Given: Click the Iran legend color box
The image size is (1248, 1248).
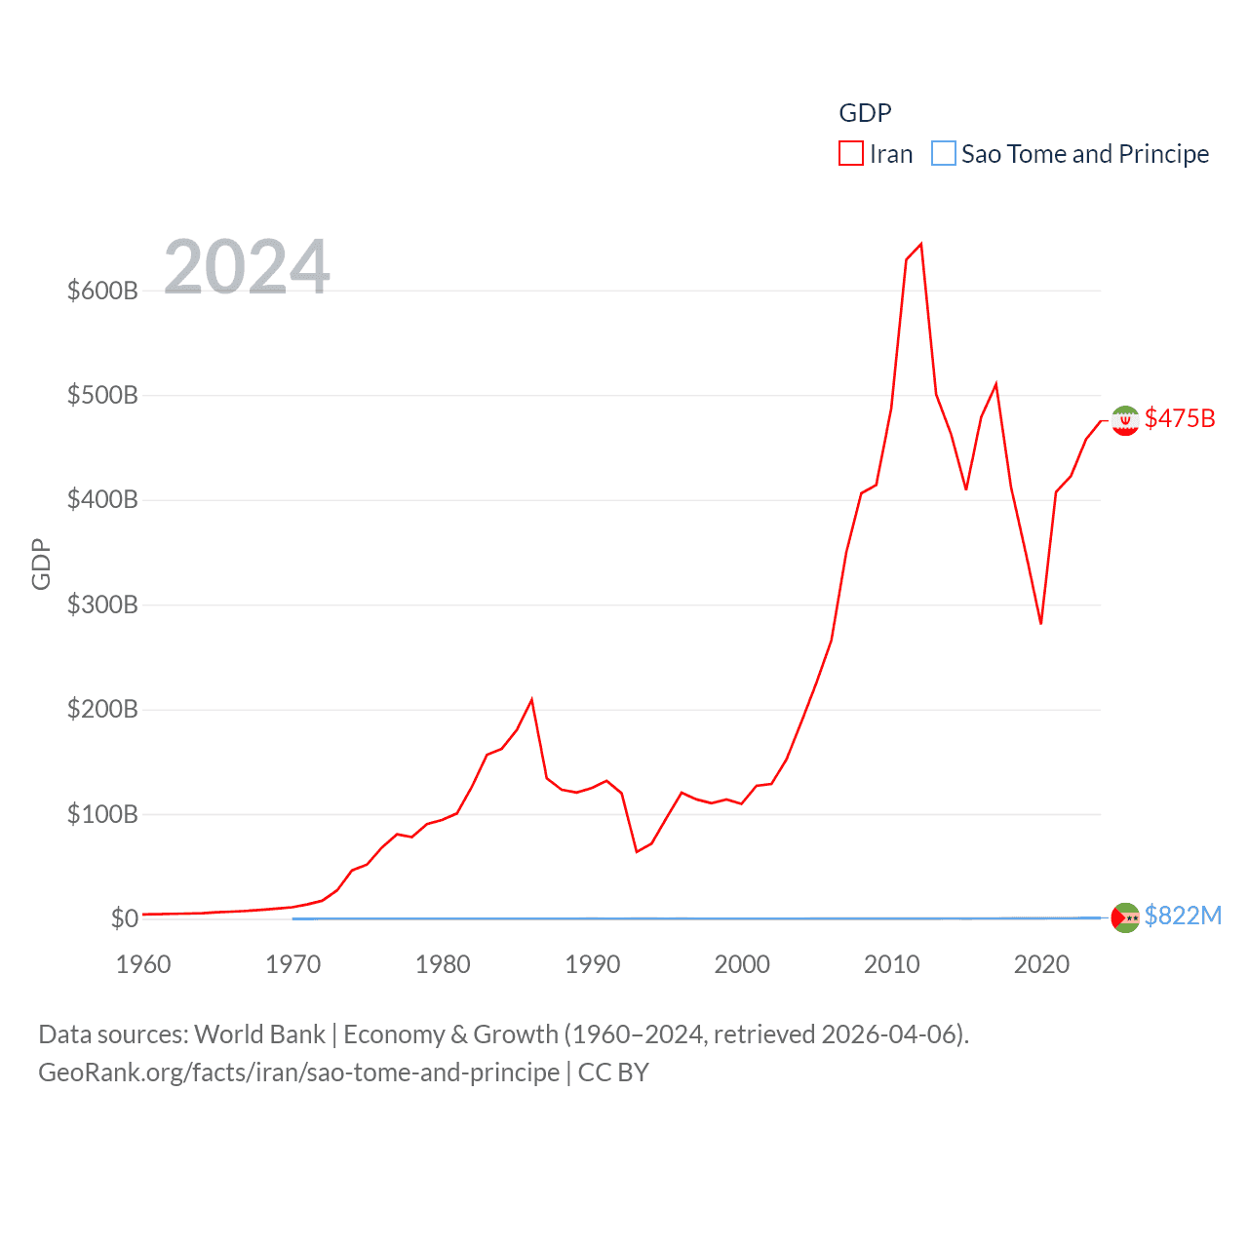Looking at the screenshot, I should click(x=850, y=154).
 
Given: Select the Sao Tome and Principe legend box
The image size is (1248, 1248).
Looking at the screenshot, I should click(x=943, y=154).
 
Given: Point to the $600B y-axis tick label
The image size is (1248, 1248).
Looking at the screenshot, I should click(x=102, y=291).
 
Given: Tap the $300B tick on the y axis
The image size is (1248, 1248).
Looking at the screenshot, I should click(x=102, y=604).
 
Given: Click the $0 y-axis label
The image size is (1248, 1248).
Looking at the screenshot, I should click(x=124, y=918).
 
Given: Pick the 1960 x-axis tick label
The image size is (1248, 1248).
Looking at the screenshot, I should click(x=143, y=964).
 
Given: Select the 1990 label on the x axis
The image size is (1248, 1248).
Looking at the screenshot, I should click(x=593, y=964).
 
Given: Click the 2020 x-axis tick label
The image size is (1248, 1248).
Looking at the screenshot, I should click(x=1041, y=964).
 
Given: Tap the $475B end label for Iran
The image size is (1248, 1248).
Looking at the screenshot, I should click(x=1180, y=418).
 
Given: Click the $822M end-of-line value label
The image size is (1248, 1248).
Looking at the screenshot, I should click(x=1183, y=916).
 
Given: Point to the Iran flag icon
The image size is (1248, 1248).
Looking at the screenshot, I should click(x=1125, y=420).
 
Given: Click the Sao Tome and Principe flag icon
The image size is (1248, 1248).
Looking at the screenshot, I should click(x=1125, y=917).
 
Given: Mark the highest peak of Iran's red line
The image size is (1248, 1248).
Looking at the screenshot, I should click(x=921, y=244).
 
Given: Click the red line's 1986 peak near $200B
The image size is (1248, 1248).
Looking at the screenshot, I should click(x=531, y=699).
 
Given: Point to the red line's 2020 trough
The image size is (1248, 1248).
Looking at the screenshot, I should click(x=1041, y=623).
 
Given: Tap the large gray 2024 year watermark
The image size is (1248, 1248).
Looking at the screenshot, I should click(x=247, y=267).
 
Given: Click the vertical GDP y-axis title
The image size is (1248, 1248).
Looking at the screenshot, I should click(x=41, y=564).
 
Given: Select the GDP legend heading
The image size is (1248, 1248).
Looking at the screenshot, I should click(x=865, y=113).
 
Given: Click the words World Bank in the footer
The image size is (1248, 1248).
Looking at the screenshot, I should click(x=259, y=1033).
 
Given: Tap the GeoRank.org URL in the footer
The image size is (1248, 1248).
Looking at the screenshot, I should click(x=298, y=1072).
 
